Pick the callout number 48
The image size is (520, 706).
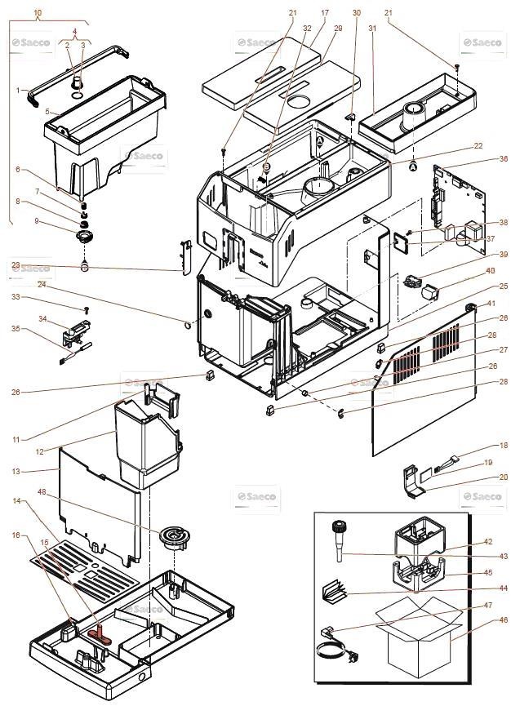coord(42,492)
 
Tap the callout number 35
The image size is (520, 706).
coord(16,330)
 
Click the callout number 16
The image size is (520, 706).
coord(16,535)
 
